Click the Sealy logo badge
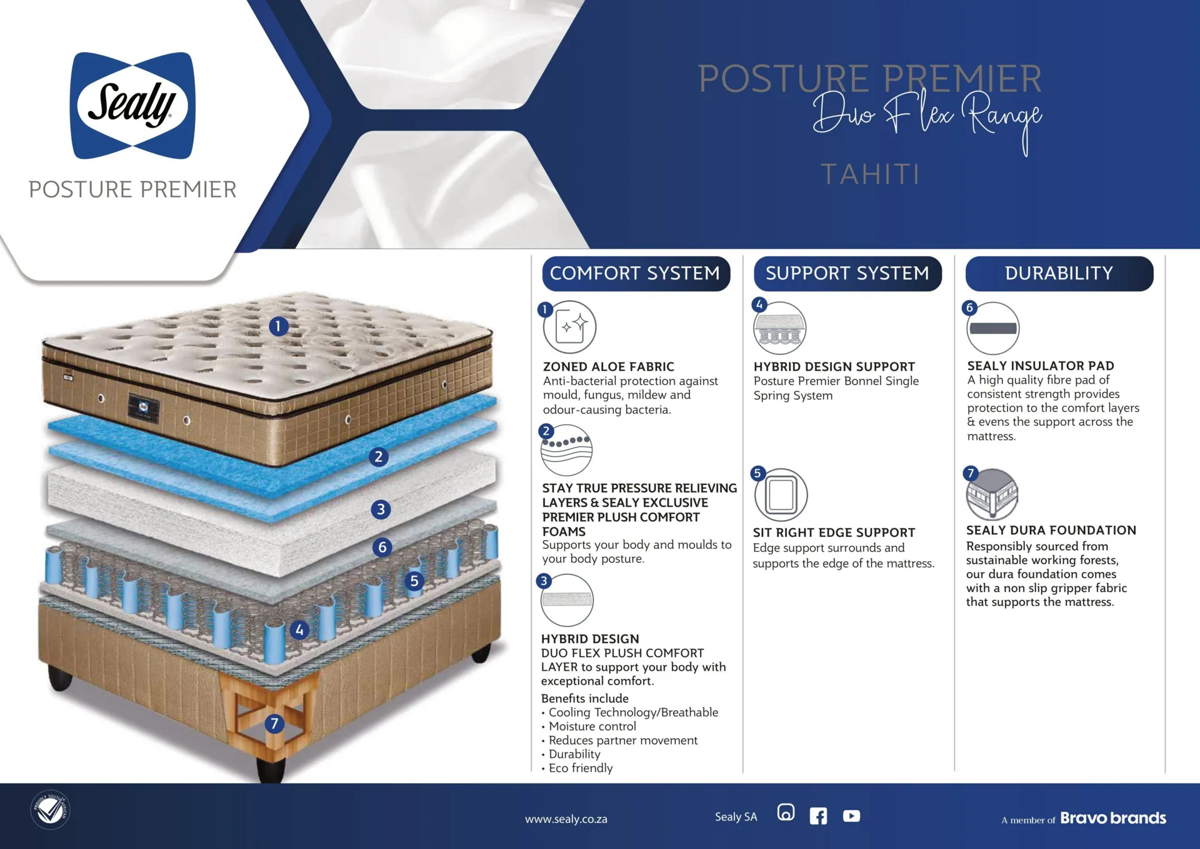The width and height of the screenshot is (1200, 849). coord(132,105)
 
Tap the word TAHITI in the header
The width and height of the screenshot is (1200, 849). coord(870,174)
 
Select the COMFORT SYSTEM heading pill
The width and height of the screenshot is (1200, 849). coord(636,273)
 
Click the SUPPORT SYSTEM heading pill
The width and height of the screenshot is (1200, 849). coord(847,273)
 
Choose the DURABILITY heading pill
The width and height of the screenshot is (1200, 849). coord(1059,273)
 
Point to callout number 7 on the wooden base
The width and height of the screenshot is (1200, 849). coord(274,724)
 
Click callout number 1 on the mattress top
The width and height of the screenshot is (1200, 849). coord(279,326)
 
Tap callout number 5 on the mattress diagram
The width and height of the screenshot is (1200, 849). coord(414,581)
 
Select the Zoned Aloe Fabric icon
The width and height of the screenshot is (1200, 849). coord(569,327)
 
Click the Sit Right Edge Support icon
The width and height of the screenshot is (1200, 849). coord(781,495)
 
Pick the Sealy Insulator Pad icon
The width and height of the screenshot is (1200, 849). coord(993,328)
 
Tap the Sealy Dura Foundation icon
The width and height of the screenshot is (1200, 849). coord(992,495)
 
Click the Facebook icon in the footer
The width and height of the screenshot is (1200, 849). coord(818,816)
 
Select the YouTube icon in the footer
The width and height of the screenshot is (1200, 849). coord(851,816)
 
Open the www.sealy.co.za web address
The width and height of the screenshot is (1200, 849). coord(566,819)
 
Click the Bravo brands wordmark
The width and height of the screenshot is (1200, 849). coord(1113,818)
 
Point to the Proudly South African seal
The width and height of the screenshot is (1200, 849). coord(51,810)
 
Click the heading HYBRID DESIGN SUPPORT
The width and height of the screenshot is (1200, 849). coord(834,367)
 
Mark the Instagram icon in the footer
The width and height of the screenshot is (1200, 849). coord(786,812)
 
